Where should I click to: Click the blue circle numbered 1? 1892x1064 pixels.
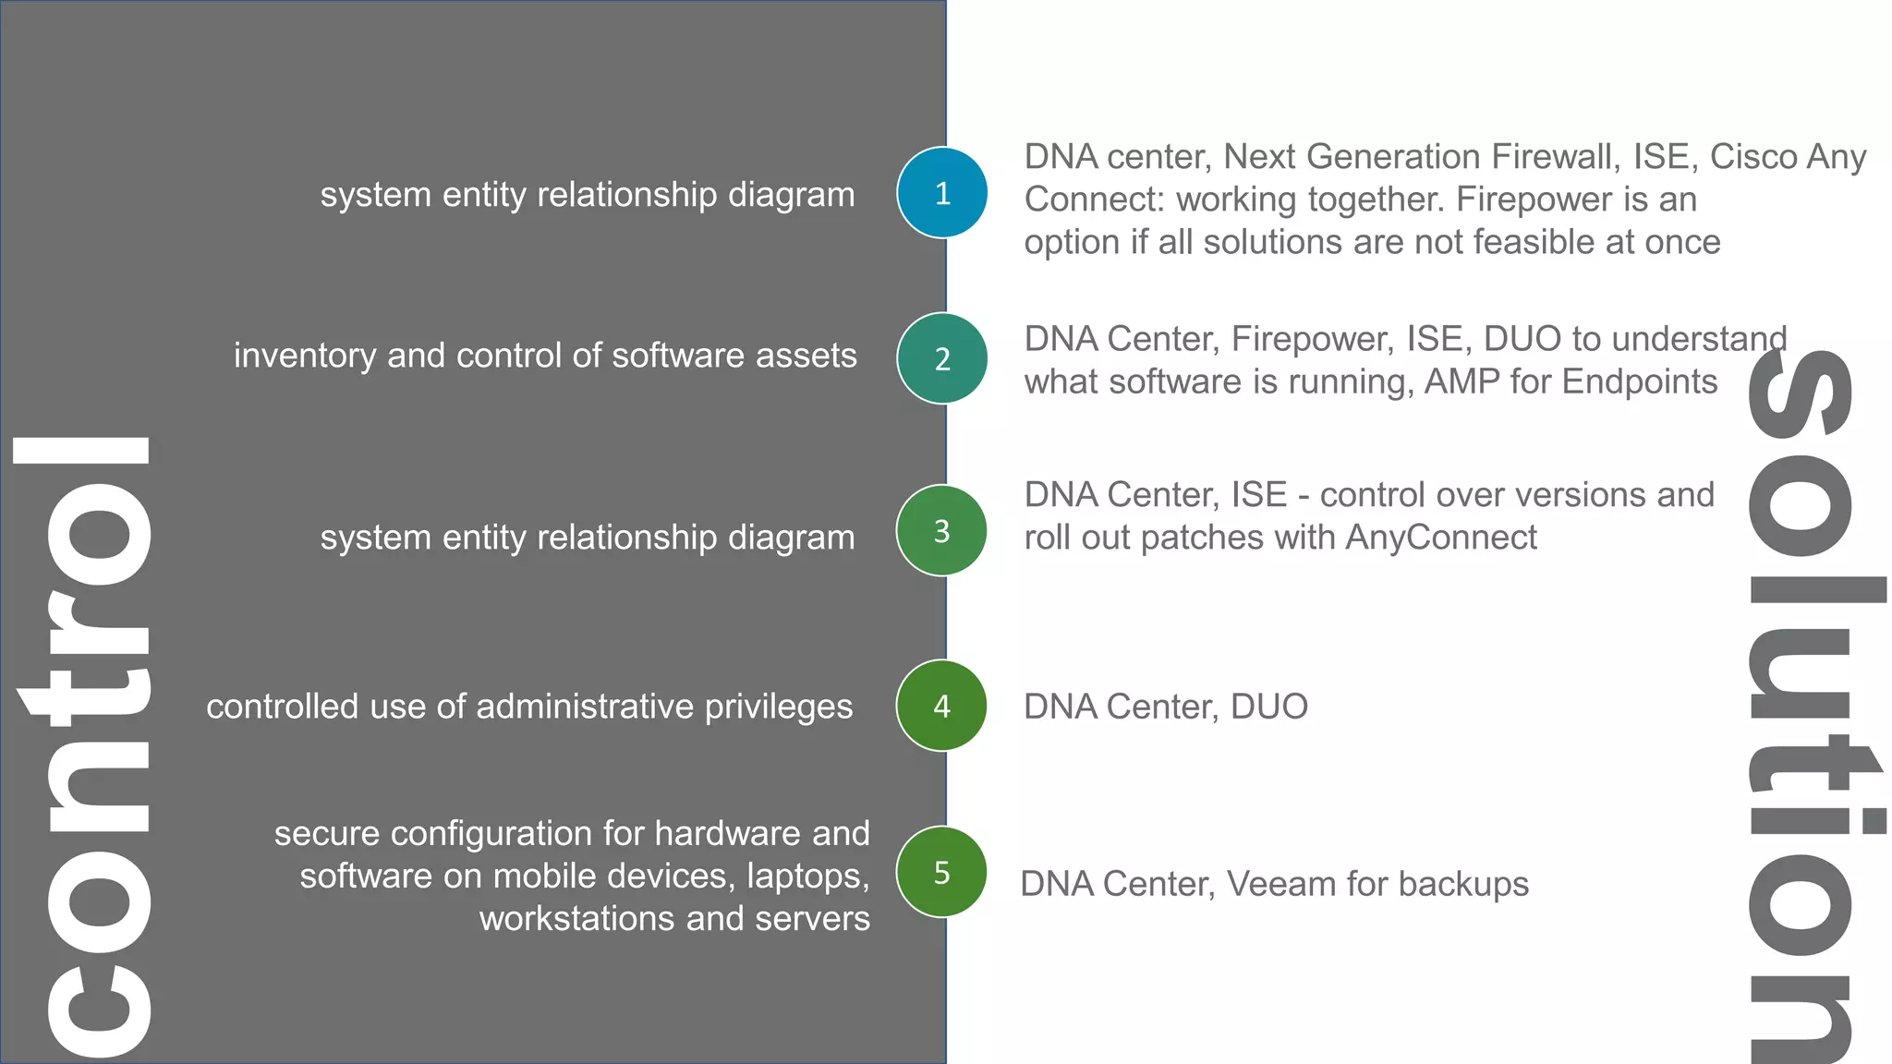(x=941, y=193)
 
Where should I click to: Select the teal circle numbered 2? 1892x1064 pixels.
(x=941, y=358)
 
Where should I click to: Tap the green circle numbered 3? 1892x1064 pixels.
(x=941, y=531)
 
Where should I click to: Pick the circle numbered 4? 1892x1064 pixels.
(x=941, y=706)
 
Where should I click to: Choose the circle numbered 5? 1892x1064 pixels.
(x=941, y=872)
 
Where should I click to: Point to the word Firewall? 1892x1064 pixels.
(x=1556, y=157)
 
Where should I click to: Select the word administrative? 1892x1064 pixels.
(x=585, y=707)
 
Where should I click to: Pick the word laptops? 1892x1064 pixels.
(x=808, y=877)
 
